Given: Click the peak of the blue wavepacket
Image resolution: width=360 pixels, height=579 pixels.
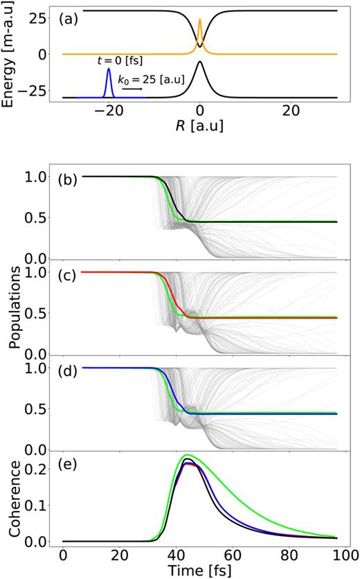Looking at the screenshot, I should point(108,69).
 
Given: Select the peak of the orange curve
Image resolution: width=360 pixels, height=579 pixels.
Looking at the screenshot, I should point(199,20).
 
